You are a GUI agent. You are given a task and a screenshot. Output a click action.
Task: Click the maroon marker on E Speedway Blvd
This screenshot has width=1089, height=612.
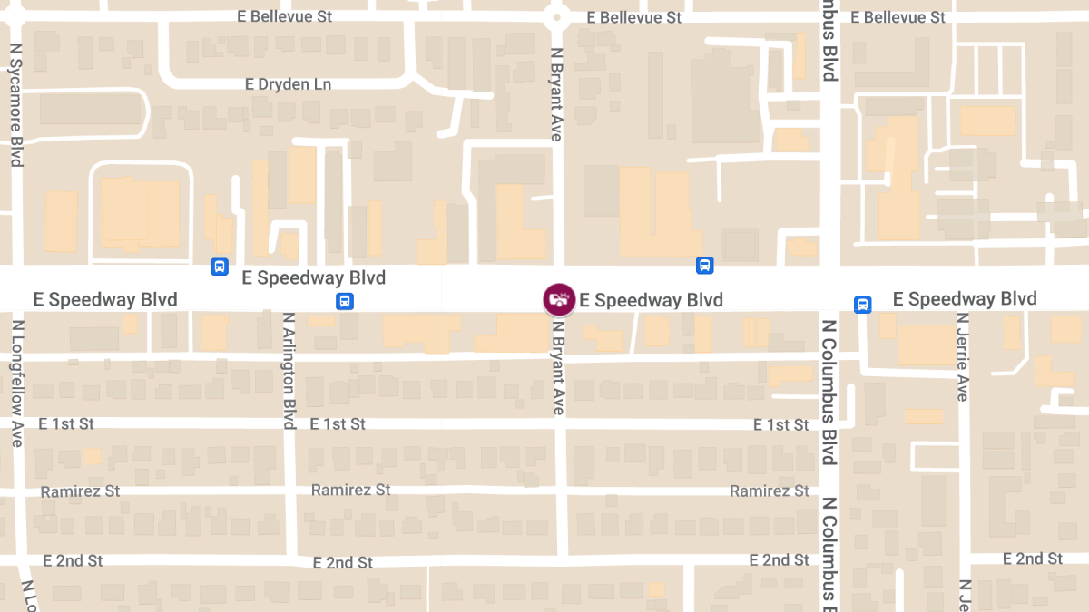[559, 299]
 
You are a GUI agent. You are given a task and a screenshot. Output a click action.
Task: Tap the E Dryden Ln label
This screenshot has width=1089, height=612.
[289, 84]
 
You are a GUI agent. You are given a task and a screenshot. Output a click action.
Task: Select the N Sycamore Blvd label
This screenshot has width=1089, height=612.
[16, 105]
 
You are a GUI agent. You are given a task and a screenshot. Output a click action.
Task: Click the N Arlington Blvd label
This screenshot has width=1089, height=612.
[289, 371]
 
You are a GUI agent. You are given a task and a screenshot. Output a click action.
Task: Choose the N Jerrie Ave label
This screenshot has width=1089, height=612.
[962, 357]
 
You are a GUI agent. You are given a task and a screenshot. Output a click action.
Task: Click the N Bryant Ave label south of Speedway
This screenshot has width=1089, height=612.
[558, 364]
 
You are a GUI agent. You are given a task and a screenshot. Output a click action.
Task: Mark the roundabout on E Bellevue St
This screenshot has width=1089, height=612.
[556, 16]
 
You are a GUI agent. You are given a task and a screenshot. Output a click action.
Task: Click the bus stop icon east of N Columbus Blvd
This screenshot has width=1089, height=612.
[863, 305]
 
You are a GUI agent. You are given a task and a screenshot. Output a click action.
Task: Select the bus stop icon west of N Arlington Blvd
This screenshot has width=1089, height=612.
[219, 267]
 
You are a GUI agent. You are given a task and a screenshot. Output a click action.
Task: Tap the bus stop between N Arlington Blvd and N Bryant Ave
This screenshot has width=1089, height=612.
[344, 302]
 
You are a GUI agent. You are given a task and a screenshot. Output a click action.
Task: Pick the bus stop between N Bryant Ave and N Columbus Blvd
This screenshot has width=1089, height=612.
[704, 266]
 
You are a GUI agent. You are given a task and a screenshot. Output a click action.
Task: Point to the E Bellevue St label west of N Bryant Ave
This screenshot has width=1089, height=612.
[284, 16]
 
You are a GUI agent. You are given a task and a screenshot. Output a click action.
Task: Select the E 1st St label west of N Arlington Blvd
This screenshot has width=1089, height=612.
[66, 423]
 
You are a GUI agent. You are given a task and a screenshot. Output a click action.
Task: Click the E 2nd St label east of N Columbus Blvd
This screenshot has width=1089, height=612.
[1033, 559]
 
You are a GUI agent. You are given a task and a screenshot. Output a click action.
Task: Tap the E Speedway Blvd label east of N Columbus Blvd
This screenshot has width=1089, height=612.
[965, 299]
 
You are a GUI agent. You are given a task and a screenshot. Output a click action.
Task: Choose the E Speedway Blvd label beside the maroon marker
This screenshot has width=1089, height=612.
[652, 300]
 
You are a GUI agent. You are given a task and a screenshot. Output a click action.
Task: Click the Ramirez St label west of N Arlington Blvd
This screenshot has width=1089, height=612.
[80, 491]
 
